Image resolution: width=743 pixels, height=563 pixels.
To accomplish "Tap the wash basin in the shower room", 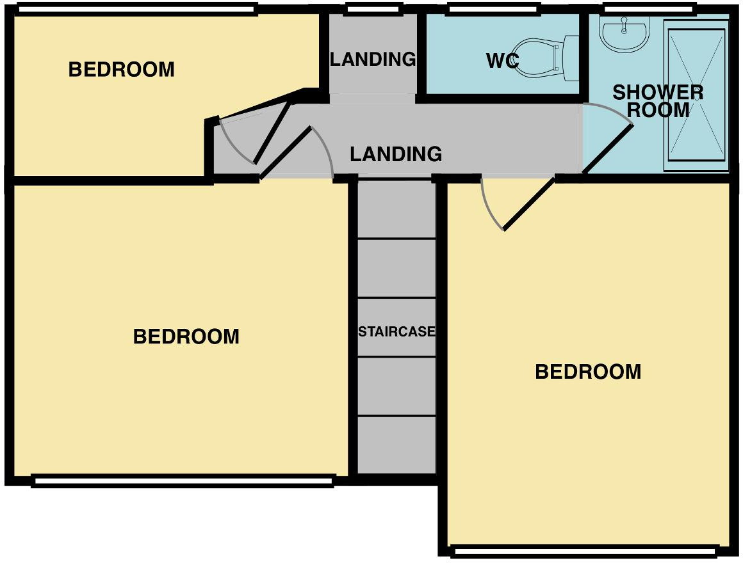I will [x=625, y=32].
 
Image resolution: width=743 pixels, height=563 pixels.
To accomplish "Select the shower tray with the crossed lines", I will [x=696, y=96].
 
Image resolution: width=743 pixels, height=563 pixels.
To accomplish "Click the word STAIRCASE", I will [x=396, y=332].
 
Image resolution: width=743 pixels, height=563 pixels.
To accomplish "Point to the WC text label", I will [x=502, y=61].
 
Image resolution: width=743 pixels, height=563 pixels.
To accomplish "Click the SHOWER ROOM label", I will [x=658, y=101].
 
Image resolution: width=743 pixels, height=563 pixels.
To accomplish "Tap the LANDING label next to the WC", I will [x=373, y=59].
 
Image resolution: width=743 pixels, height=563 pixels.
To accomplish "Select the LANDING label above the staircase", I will [x=395, y=154].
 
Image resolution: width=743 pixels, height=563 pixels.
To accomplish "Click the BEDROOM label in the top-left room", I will [x=121, y=69].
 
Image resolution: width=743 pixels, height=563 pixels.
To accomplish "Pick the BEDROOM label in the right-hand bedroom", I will [x=588, y=372].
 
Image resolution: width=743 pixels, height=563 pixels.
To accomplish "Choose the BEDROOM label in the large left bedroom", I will [x=186, y=337].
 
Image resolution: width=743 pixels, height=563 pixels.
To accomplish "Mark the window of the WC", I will [x=492, y=9].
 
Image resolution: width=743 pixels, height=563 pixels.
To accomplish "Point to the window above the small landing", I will [x=373, y=9].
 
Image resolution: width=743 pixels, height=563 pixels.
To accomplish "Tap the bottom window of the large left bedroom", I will [x=183, y=481].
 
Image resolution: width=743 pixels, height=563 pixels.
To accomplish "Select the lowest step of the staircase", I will [x=396, y=445].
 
